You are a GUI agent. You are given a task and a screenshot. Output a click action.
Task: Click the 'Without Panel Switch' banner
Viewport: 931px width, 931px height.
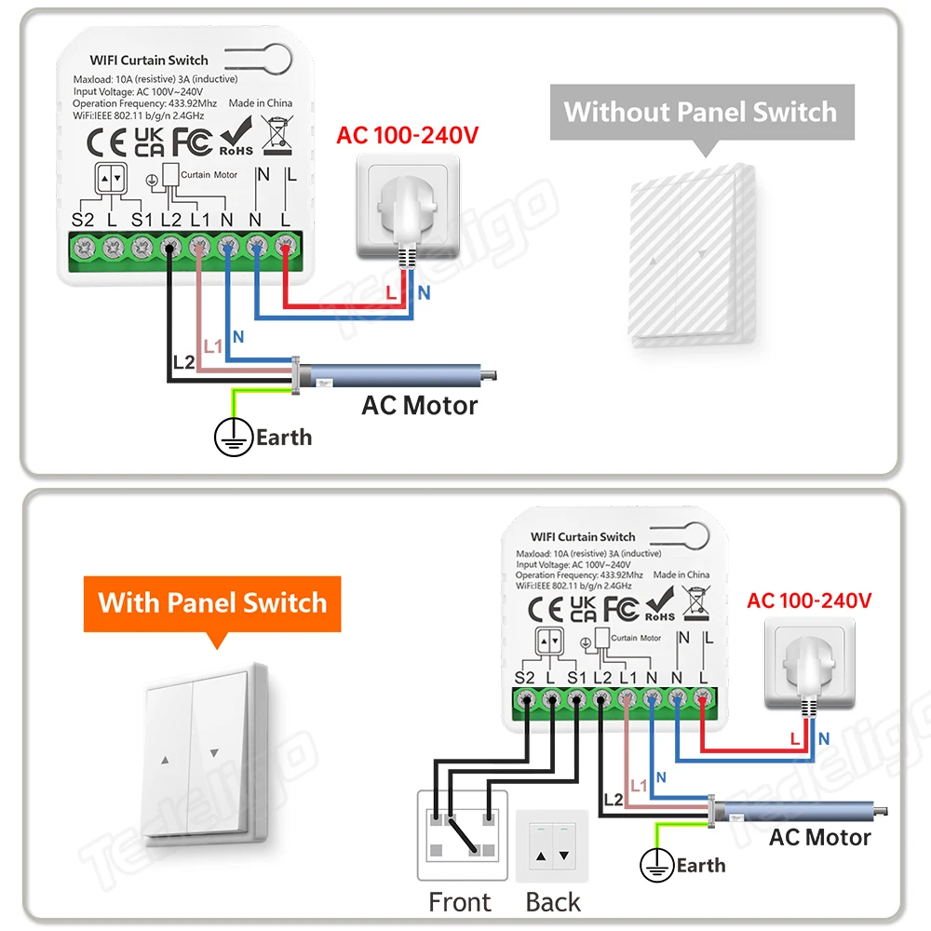pos(701,113)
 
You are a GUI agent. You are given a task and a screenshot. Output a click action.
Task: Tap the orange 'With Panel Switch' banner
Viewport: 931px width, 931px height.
pos(212,602)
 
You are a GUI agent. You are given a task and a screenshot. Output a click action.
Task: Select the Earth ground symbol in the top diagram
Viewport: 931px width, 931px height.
pos(234,437)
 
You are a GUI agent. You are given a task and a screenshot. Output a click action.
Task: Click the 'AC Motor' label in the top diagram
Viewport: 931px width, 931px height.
pos(419,406)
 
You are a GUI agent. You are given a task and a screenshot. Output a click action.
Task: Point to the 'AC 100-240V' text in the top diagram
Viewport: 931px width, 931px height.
pos(407,135)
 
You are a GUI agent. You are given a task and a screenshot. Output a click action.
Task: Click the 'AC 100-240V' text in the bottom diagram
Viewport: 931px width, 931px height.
pos(809,600)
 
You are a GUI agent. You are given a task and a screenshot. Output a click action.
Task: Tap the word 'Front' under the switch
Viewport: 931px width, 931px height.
pos(459,901)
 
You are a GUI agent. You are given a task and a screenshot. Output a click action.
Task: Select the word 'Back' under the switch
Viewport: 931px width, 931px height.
pos(553,901)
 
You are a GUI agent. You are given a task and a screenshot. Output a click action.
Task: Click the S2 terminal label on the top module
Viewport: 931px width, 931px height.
pos(84,221)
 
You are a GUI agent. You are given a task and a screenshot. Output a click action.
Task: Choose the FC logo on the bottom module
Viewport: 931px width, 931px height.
pos(621,608)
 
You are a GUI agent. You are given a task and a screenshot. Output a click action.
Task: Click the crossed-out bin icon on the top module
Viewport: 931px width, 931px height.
pos(277,136)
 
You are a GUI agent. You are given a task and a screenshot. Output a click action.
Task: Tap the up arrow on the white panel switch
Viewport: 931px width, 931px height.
pos(166,759)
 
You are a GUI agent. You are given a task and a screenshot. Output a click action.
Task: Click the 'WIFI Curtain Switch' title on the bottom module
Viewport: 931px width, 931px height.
pos(583,536)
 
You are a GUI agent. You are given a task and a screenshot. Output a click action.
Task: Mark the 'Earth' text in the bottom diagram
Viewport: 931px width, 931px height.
pos(701,865)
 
